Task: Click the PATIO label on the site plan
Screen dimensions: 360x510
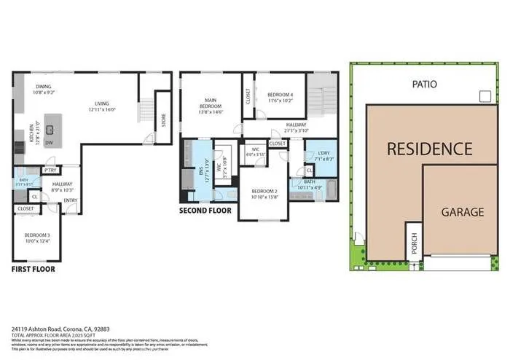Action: coord(423,84)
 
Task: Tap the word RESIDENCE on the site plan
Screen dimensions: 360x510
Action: coord(428,149)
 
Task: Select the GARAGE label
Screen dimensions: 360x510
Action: coord(462,212)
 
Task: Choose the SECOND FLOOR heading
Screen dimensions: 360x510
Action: coord(205,211)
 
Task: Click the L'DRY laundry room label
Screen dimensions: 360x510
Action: coord(325,155)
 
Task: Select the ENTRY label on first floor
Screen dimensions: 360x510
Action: coord(71,200)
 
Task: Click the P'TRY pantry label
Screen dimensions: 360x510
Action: coord(51,170)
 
